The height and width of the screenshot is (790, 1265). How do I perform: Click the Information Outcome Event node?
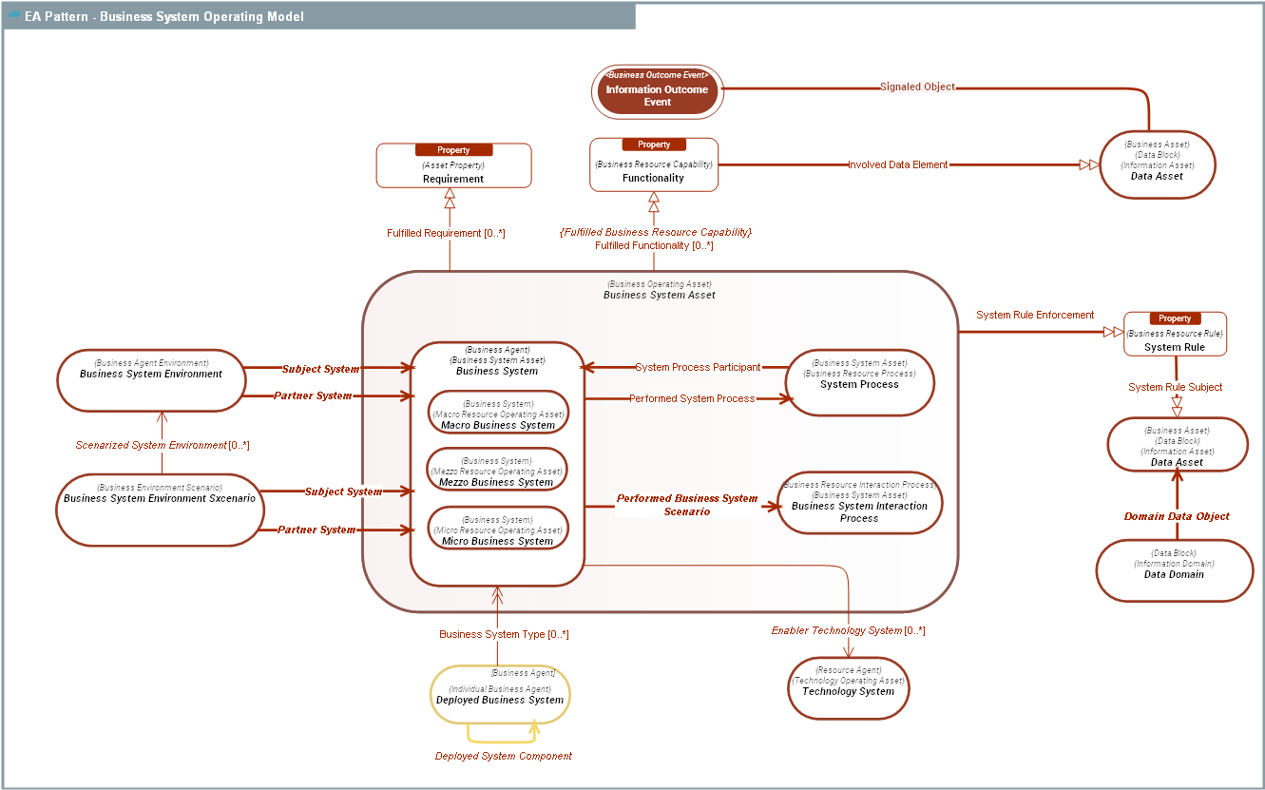coord(658,90)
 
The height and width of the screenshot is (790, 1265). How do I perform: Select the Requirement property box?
coord(453,166)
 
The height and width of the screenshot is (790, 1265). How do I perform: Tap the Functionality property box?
coord(654,165)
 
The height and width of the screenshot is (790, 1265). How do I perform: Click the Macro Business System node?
coord(498,413)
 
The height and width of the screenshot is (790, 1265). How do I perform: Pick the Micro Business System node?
coord(498,529)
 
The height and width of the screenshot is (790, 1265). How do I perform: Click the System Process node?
coord(859,382)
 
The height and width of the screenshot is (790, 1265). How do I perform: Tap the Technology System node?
coord(849,687)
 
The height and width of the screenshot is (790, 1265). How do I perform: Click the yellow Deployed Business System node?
coord(500,695)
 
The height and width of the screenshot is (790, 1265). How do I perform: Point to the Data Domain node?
coord(1175,570)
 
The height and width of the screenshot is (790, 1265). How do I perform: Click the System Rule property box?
coord(1175,336)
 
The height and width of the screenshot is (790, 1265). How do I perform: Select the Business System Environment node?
coord(151,379)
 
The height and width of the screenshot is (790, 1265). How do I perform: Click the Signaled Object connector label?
coord(917,87)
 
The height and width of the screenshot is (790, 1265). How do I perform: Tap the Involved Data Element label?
coord(897,164)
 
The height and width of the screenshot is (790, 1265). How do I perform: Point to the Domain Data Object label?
coord(1177,516)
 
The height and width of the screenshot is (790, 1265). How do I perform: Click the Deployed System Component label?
coord(504,757)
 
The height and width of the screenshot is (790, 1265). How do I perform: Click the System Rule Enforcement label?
coord(1035,315)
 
